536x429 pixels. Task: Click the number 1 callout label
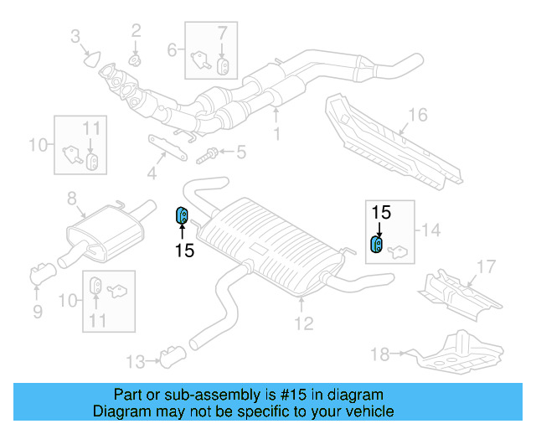(277, 133)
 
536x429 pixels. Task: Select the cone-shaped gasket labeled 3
(91, 59)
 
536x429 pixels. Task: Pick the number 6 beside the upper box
(173, 49)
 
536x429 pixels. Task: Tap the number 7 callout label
(222, 34)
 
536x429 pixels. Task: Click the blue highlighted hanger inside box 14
(377, 244)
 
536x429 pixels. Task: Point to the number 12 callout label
(303, 323)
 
